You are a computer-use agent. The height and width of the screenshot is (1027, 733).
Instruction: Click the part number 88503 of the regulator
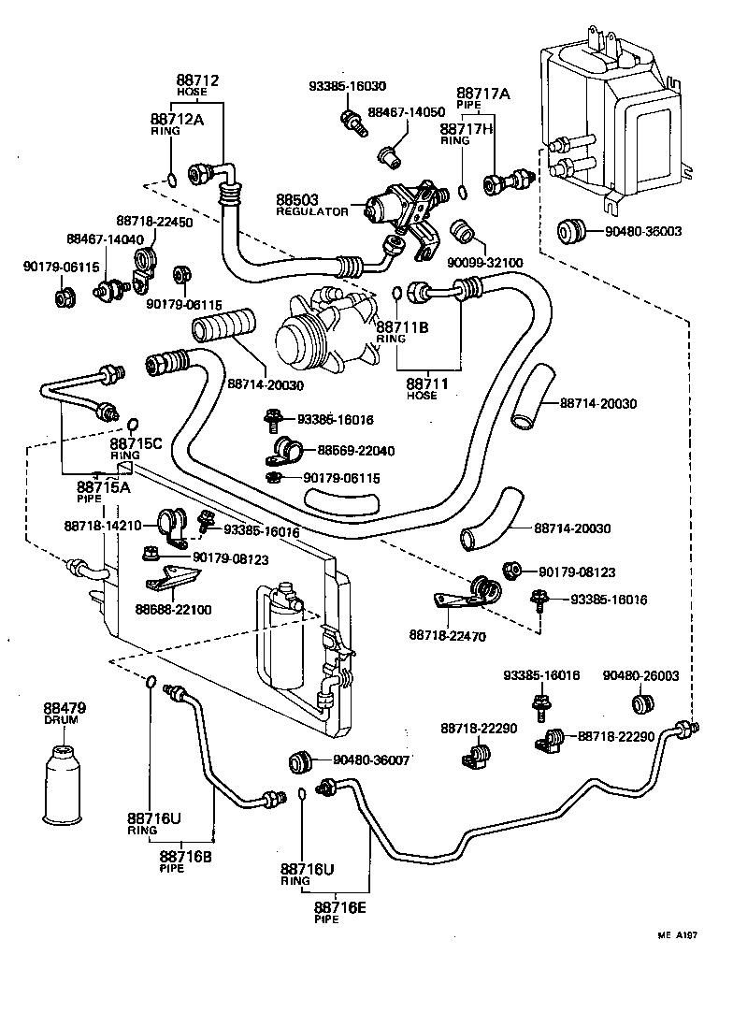(x=296, y=200)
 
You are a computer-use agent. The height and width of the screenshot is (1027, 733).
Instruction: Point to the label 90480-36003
(x=644, y=231)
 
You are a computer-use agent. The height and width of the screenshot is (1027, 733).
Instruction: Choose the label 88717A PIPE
(x=483, y=98)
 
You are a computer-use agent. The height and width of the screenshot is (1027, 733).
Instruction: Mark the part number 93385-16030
(x=348, y=85)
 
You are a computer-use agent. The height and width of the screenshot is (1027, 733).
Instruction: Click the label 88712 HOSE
(x=197, y=86)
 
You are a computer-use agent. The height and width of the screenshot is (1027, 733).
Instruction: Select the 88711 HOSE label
(x=427, y=388)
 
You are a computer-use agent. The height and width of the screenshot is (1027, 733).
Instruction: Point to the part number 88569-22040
(x=355, y=451)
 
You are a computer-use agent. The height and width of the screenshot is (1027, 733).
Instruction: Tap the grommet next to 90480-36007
(x=299, y=761)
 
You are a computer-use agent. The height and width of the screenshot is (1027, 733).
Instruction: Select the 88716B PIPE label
(x=185, y=860)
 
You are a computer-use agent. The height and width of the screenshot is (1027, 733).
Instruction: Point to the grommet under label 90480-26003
(x=641, y=703)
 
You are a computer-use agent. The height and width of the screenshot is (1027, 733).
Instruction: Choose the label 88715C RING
(x=137, y=447)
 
